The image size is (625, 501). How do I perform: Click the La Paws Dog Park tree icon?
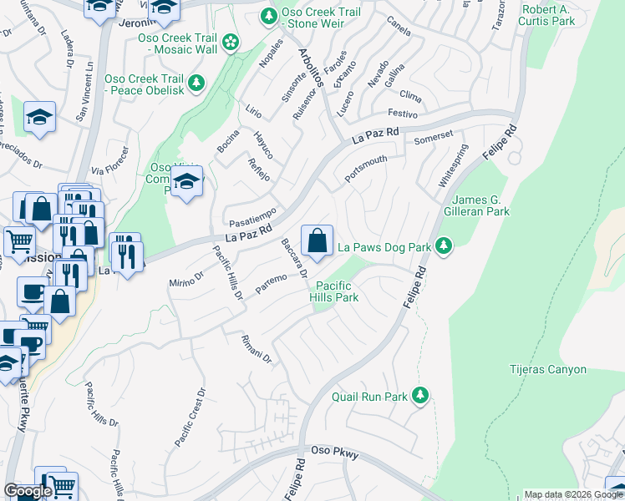pyautogui.click(x=445, y=246)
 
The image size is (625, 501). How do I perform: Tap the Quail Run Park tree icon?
pyautogui.click(x=423, y=395)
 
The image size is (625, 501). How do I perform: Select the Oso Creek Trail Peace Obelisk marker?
pyautogui.click(x=196, y=83)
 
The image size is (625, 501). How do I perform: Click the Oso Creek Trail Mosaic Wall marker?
pyautogui.click(x=228, y=42)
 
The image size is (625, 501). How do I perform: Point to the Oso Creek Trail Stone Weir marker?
pyautogui.click(x=269, y=15)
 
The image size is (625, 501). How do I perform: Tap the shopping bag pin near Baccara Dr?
pyautogui.click(x=317, y=241)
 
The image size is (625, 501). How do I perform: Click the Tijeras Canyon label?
pyautogui.click(x=548, y=369)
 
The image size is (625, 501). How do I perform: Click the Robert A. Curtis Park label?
pyautogui.click(x=548, y=14)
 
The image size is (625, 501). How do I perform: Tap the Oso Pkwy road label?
pyautogui.click(x=334, y=453)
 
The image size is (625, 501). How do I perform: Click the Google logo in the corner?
pyautogui.click(x=28, y=491)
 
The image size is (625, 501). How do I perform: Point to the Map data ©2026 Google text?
pyautogui.click(x=573, y=494)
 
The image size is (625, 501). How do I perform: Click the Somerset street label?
pyautogui.click(x=433, y=134)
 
